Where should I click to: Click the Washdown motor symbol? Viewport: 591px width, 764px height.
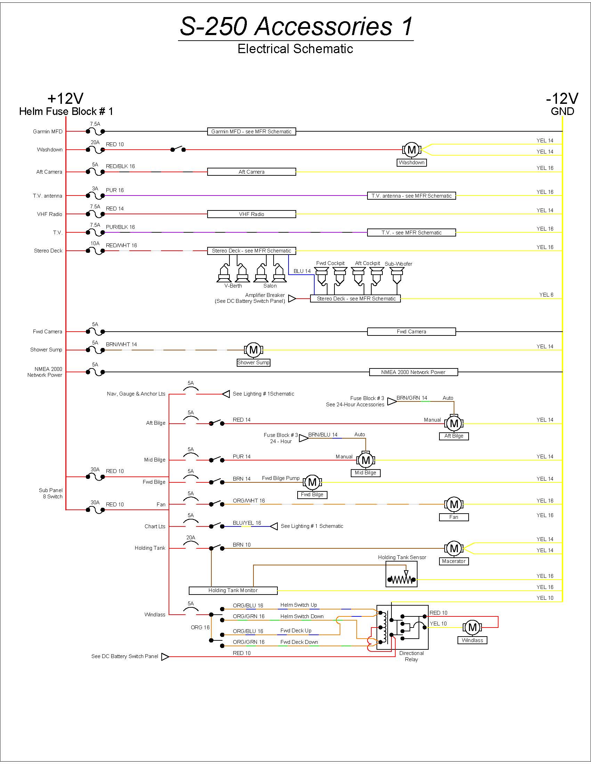[412, 150]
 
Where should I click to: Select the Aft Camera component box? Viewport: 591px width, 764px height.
[251, 172]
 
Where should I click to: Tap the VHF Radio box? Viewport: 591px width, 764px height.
[251, 214]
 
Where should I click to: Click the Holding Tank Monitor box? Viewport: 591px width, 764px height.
[233, 590]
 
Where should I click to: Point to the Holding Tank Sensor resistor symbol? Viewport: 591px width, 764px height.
[402, 580]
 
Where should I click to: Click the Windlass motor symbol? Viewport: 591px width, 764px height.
[472, 628]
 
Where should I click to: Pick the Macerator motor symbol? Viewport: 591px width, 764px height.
[454, 548]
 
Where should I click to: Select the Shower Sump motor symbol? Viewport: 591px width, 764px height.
[253, 350]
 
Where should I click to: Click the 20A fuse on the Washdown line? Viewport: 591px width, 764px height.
[95, 150]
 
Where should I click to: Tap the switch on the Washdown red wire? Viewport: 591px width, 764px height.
[178, 149]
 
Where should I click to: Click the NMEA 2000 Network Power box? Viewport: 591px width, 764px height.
[413, 372]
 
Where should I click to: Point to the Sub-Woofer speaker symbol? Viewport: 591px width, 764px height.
[397, 276]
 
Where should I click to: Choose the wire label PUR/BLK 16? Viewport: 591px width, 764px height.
[120, 227]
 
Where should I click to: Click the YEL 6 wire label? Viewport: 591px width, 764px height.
[546, 295]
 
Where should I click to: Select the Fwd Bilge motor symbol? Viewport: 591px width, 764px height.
[312, 482]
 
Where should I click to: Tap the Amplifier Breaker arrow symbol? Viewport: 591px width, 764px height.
[292, 298]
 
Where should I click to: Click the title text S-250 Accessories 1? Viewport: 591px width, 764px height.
[296, 26]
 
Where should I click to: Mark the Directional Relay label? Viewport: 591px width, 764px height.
[411, 656]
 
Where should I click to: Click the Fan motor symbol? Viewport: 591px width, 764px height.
[454, 505]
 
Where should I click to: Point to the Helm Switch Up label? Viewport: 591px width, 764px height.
[299, 605]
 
